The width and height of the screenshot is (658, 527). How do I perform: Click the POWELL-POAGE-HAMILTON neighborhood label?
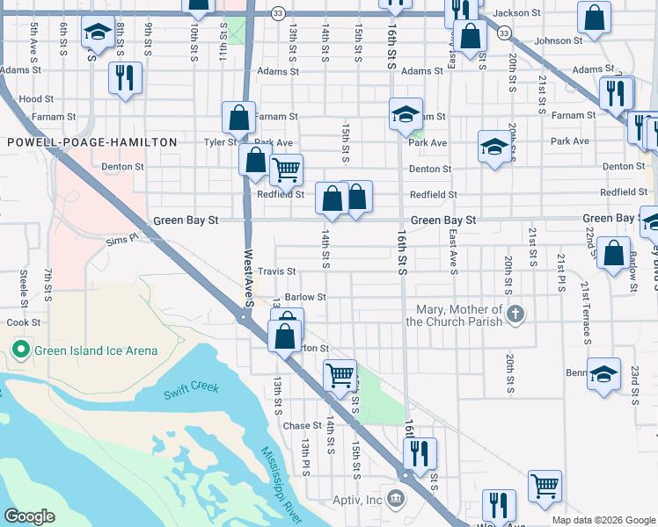[92, 142]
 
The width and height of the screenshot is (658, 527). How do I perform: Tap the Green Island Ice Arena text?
[96, 351]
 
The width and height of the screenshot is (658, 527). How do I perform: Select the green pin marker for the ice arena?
[22, 351]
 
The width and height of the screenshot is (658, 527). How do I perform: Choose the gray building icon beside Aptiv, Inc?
[396, 500]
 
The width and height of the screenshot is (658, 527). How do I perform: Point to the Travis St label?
[276, 272]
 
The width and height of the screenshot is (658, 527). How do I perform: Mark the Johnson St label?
[558, 41]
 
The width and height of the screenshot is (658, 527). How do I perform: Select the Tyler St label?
[219, 142]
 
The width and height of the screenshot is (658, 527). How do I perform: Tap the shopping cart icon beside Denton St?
[286, 170]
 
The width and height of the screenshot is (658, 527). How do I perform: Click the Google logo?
[30, 516]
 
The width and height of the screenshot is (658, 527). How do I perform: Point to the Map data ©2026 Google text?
[603, 520]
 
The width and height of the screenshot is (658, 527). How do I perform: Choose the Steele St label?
[24, 284]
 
